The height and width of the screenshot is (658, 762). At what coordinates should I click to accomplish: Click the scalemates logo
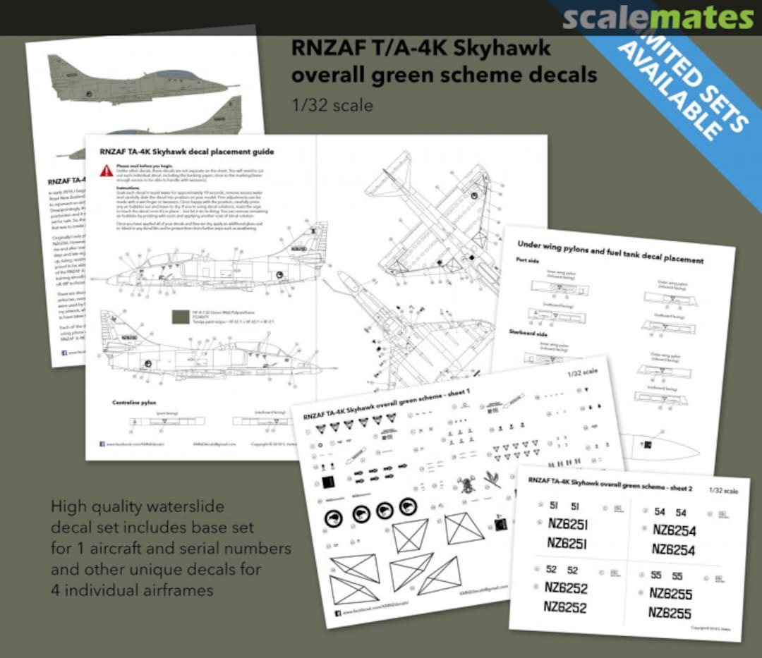(657, 18)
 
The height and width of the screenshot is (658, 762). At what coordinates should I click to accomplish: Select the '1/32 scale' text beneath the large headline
(332, 105)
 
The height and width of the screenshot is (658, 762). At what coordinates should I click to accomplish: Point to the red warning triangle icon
(106, 170)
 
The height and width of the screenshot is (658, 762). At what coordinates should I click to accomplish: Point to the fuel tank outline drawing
(660, 446)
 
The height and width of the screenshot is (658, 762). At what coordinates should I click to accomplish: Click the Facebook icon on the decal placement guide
(103, 444)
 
